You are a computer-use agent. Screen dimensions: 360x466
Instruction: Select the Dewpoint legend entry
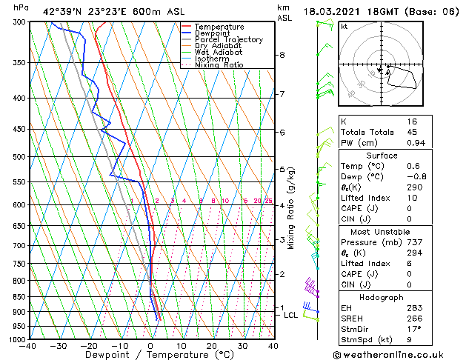[214, 33]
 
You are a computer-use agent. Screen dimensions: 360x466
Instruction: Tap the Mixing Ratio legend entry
[219, 65]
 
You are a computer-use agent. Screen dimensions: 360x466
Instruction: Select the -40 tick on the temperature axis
[29, 346]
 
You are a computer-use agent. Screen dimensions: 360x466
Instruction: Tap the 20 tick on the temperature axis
[212, 346]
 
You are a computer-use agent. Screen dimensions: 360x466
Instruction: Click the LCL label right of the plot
[291, 315]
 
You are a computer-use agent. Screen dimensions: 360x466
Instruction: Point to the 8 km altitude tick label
[282, 55]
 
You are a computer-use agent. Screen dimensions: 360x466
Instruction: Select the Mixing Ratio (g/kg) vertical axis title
[291, 207]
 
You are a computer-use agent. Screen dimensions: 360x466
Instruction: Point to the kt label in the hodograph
[344, 26]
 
